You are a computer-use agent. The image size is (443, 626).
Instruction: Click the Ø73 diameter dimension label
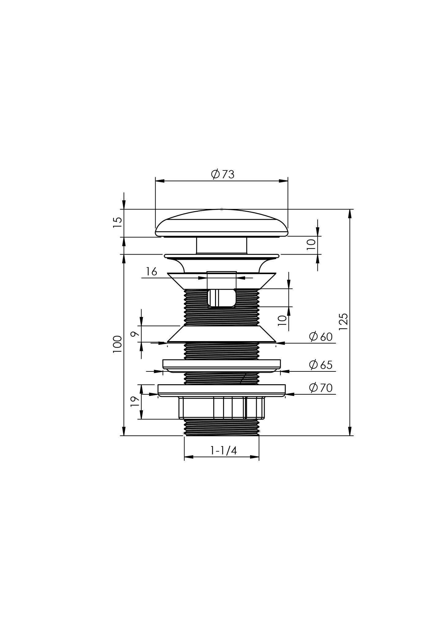coord(223,174)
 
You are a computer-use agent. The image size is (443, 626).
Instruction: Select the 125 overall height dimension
coord(343,321)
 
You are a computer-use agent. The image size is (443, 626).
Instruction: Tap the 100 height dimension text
coord(117,344)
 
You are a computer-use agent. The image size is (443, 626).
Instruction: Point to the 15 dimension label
coord(118,222)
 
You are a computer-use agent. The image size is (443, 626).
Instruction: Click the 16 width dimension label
coord(151,271)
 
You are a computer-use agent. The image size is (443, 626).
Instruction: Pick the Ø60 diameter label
coord(321,337)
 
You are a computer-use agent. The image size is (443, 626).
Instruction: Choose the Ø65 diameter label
coord(321,365)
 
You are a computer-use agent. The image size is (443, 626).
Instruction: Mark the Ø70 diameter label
coord(321,388)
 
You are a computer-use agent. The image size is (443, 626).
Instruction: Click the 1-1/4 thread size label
coord(224,450)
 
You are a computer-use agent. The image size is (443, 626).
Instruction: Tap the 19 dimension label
coord(135,401)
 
